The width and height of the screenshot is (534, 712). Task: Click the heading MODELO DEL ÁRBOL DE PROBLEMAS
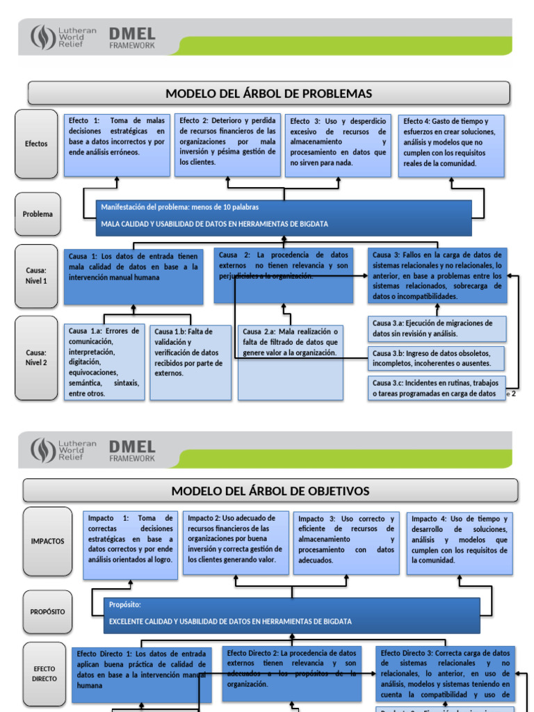click(268, 93)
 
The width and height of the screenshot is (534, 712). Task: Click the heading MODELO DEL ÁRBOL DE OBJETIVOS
click(270, 491)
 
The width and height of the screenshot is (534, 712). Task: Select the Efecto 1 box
click(116, 145)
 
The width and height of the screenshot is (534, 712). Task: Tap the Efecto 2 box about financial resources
click(227, 145)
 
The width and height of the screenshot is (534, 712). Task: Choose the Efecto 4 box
click(451, 145)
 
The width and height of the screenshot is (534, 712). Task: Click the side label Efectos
click(36, 144)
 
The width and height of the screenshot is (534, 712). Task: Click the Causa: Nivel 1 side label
click(36, 275)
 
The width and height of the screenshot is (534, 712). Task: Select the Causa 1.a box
click(104, 362)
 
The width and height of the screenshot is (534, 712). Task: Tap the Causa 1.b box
click(190, 362)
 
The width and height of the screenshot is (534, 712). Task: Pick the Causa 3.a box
click(437, 329)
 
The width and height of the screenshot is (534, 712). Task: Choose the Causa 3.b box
click(437, 358)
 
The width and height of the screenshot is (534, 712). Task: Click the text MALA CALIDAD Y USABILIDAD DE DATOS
click(214, 225)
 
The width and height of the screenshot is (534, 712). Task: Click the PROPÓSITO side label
click(47, 612)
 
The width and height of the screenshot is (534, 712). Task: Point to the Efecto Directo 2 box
click(292, 673)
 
